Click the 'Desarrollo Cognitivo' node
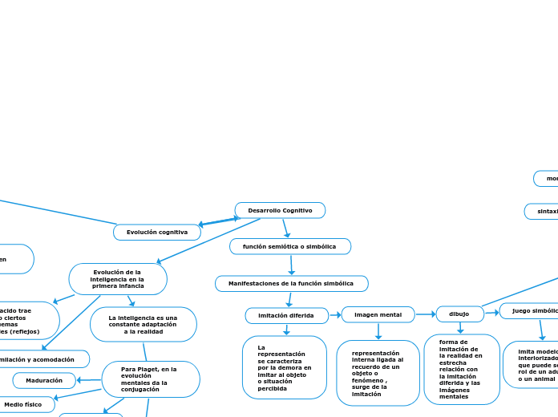(x=280, y=210)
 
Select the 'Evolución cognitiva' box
(x=156, y=232)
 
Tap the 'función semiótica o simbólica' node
(x=289, y=246)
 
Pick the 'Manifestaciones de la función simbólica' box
(x=291, y=283)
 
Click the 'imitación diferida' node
(x=286, y=315)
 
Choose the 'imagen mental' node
(x=378, y=314)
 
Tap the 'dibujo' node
(x=459, y=314)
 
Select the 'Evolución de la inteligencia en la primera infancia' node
(x=118, y=279)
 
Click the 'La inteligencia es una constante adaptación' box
(x=144, y=324)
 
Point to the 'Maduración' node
(x=44, y=380)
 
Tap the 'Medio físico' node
(x=23, y=404)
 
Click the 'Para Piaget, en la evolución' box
(x=151, y=379)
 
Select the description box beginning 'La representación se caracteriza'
(x=284, y=366)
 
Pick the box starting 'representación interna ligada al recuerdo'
(x=378, y=373)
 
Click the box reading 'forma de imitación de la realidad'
(x=461, y=369)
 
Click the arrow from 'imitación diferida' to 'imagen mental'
(x=335, y=315)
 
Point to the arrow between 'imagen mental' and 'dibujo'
(x=426, y=314)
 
